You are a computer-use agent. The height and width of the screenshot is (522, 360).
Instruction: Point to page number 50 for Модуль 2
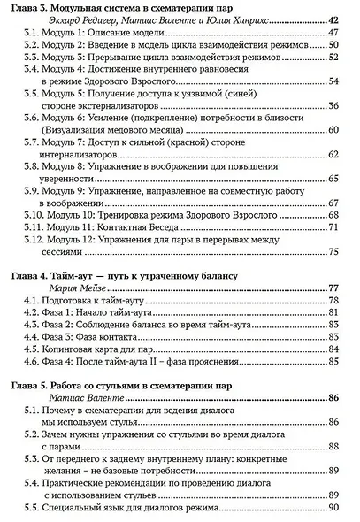pos(333,46)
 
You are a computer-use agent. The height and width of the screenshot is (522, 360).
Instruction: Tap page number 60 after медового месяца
pos(333,130)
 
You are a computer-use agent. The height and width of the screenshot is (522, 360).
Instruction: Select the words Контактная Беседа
pos(154,227)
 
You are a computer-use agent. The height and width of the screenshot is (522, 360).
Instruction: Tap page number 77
pos(333,288)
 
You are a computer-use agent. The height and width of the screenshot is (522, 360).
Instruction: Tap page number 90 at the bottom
pos(333,510)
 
